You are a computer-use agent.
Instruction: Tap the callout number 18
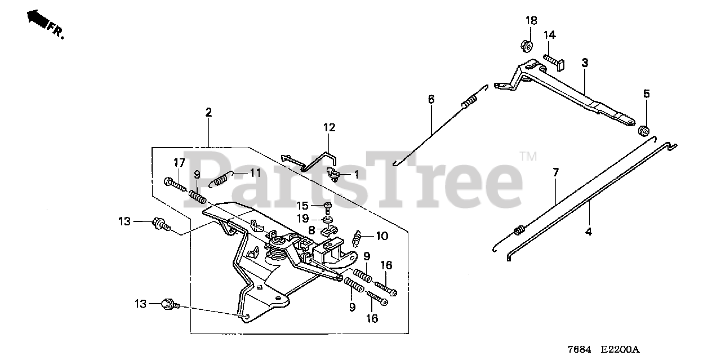531,21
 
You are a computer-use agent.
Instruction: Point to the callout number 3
585,63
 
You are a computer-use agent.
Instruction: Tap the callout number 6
431,99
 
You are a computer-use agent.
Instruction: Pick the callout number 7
555,172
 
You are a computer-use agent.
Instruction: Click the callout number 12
329,127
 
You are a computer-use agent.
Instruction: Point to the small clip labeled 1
335,174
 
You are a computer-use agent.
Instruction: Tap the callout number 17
179,163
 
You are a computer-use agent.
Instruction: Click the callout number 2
208,112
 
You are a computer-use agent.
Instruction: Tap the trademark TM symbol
528,155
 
